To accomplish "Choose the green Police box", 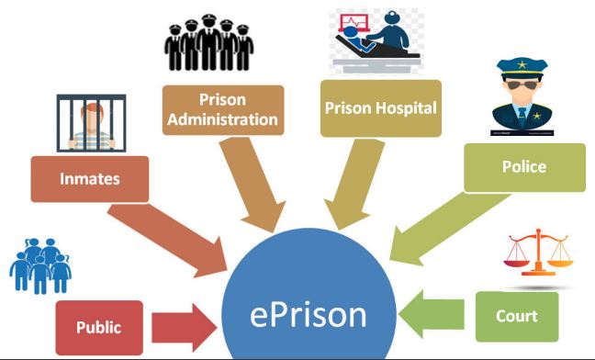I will pyautogui.click(x=524, y=167).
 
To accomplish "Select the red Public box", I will pyautogui.click(x=99, y=326).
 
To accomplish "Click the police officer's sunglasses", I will pyautogui.click(x=522, y=91).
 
